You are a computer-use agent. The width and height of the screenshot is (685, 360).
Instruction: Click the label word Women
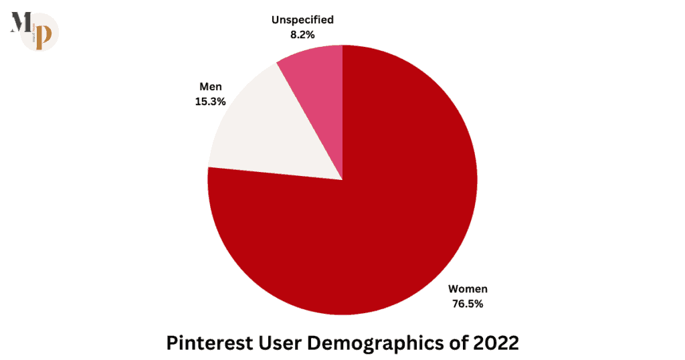pyautogui.click(x=468, y=289)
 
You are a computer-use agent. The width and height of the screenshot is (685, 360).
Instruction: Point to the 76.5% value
pyautogui.click(x=468, y=304)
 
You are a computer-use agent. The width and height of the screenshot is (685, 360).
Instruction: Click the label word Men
pyautogui.click(x=210, y=86)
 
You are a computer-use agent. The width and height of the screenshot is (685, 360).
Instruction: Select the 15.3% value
pyautogui.click(x=210, y=101)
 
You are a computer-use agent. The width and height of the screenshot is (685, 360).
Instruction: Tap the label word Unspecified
pyautogui.click(x=302, y=19)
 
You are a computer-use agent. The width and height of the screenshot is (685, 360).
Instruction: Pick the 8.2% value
pyautogui.click(x=302, y=34)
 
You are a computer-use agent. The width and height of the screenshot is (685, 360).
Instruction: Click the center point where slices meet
pyautogui.click(x=342, y=180)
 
